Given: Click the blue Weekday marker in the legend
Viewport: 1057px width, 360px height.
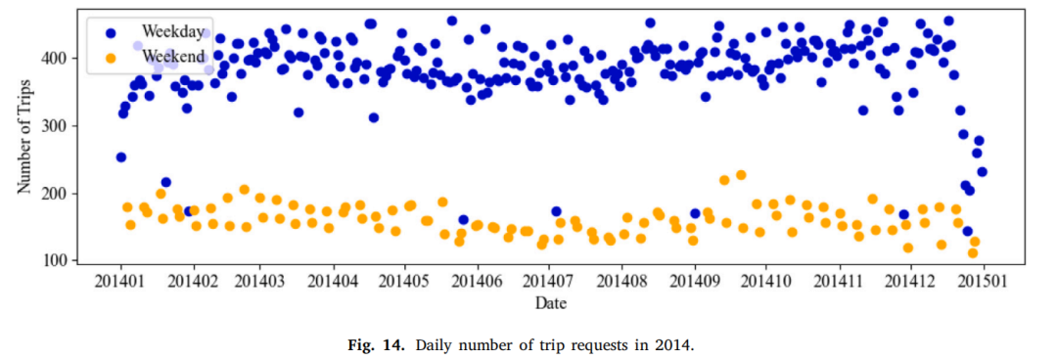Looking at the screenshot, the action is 111,32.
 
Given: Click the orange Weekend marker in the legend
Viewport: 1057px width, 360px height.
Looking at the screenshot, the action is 111,58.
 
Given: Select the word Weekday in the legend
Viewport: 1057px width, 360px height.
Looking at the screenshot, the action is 172,31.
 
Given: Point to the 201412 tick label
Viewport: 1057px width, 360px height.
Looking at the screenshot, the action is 911,281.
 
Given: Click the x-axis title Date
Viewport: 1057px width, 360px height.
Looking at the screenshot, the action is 551,303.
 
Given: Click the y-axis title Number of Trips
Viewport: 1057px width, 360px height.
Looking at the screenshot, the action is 23,136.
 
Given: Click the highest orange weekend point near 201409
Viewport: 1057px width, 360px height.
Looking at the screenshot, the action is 741,175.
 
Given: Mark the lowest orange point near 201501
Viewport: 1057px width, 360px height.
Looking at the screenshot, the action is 973,253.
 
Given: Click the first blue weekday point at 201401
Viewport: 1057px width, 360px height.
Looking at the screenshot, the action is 121,157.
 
